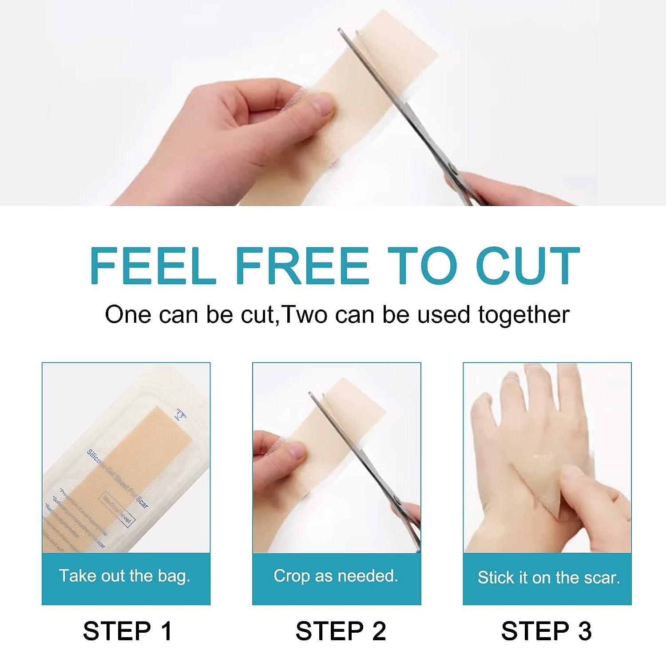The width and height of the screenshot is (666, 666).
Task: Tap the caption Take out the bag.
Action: pyautogui.click(x=125, y=576)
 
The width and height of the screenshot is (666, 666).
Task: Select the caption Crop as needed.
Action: pyautogui.click(x=336, y=576)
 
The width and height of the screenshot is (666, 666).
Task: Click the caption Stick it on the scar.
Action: pyautogui.click(x=548, y=578)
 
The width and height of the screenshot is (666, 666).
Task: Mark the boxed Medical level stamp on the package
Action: pyautogui.click(x=117, y=511)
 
